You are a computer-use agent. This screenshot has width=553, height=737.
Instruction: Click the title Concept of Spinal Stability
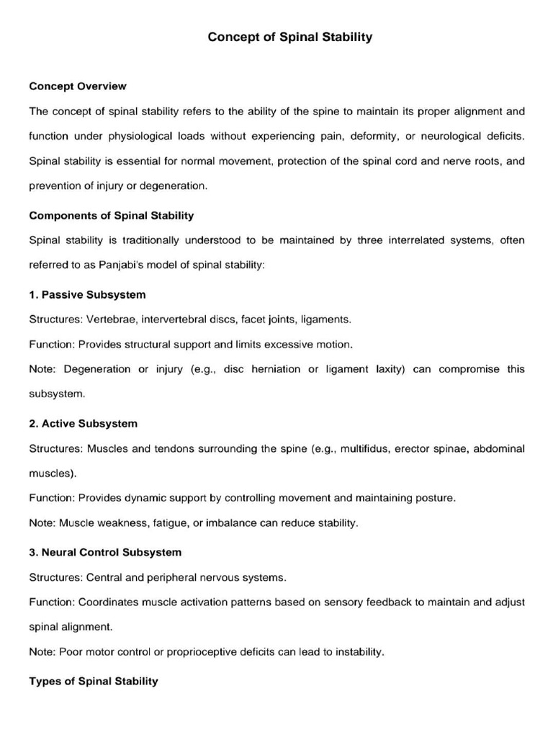[290, 37]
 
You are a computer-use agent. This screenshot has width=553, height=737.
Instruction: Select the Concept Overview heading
[78, 86]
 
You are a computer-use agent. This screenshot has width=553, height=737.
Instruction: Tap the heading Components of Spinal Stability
[112, 215]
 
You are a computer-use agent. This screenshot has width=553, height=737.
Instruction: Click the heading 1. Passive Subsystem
[87, 294]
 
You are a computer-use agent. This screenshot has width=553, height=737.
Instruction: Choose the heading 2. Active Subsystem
[83, 423]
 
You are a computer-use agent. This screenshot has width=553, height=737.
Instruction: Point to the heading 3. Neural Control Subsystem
[105, 552]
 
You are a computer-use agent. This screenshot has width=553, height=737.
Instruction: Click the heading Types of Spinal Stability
[94, 681]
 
